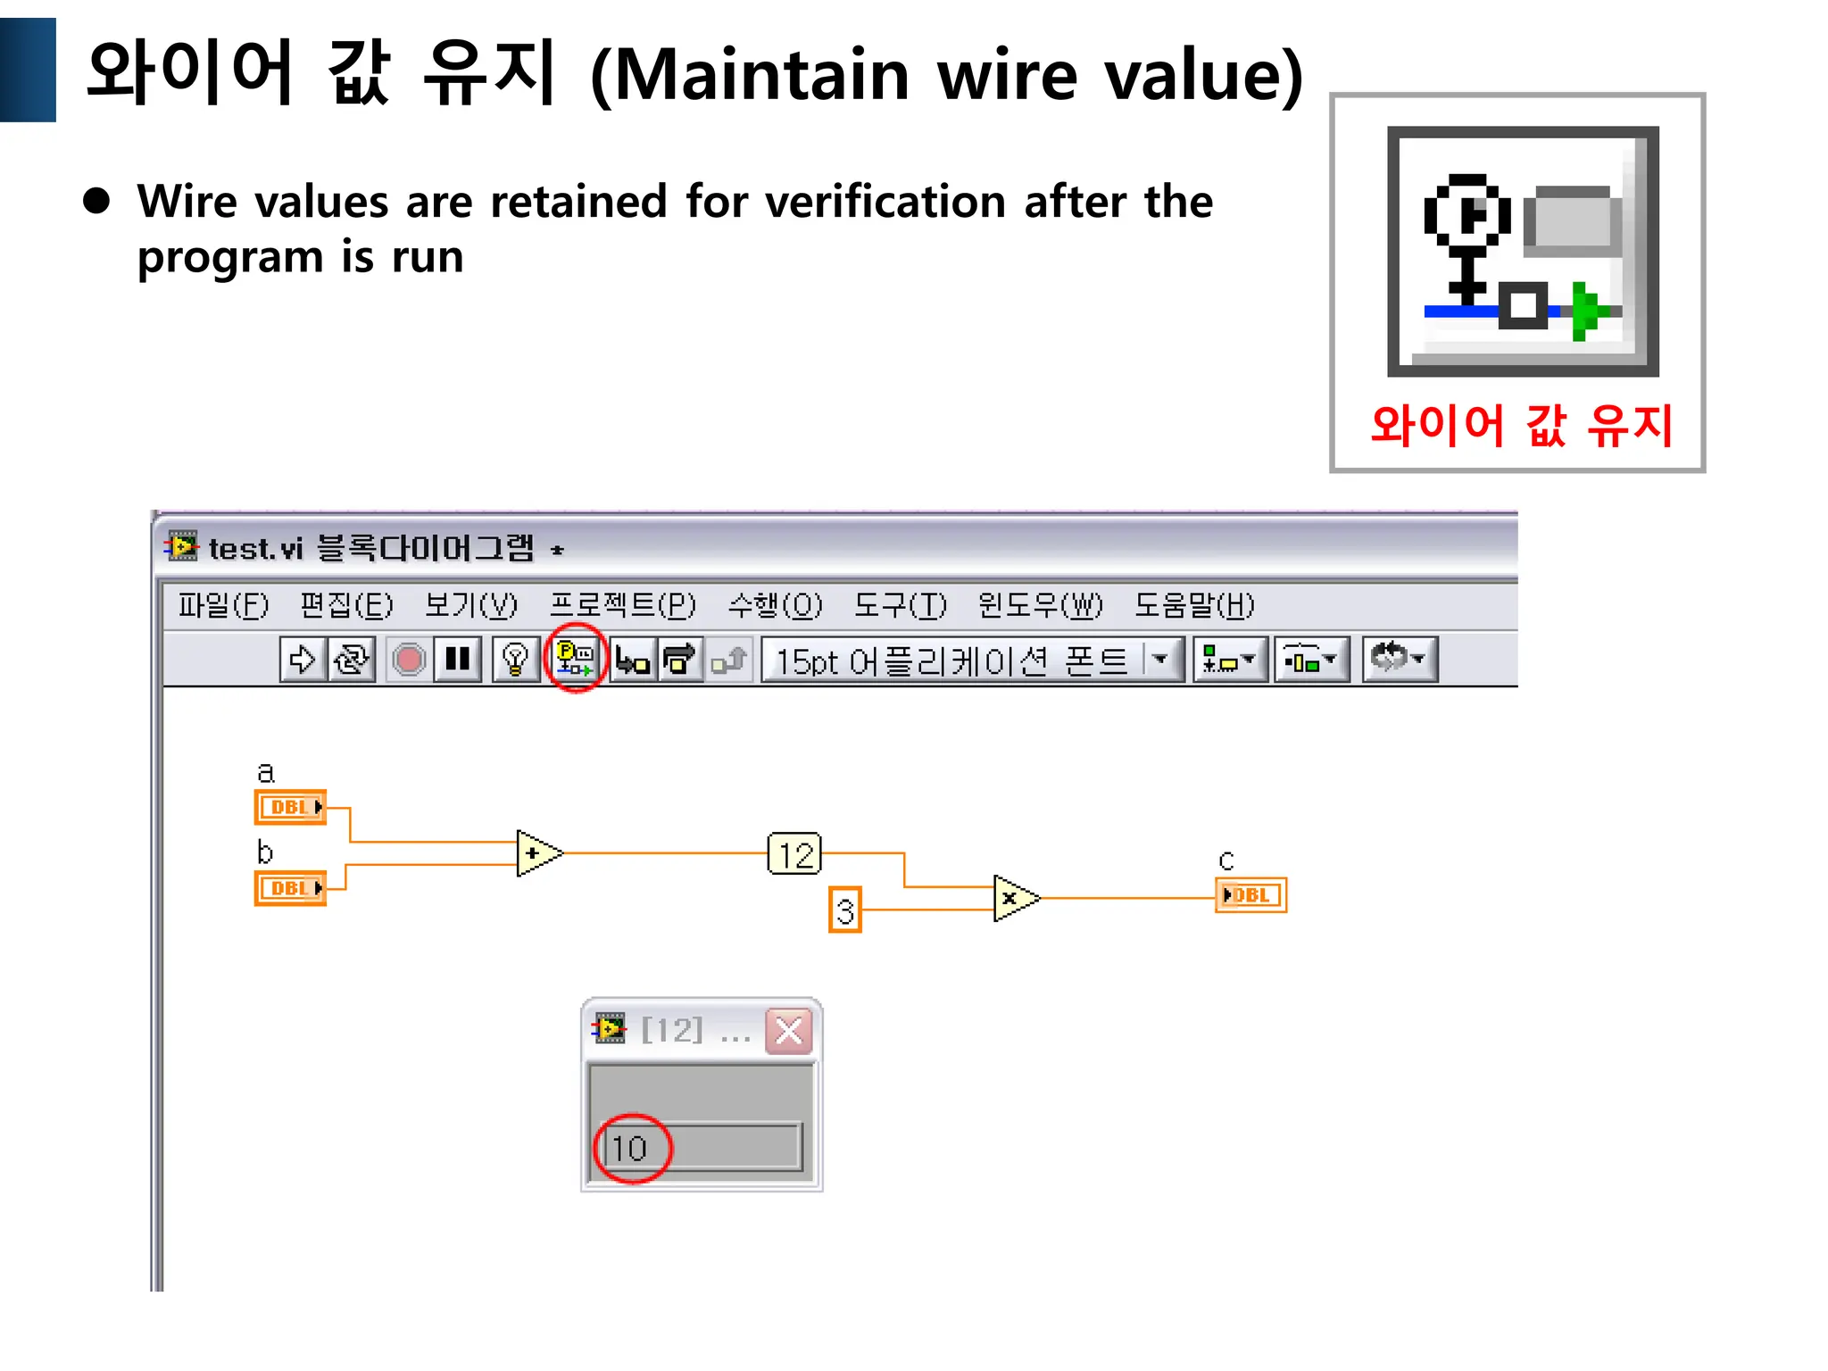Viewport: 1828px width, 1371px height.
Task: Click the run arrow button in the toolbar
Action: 302,660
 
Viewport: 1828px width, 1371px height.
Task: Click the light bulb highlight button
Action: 515,660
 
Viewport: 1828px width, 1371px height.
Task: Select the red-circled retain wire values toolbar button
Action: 575,660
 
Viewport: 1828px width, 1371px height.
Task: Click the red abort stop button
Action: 409,660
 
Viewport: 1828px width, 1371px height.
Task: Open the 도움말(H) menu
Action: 1193,605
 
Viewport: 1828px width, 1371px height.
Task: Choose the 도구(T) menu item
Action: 899,605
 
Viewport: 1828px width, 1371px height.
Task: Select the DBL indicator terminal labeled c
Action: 1251,895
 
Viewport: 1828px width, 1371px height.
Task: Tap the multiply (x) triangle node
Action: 1014,898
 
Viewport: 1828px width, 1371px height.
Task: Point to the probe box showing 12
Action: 794,854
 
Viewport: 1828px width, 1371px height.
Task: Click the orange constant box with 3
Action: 844,910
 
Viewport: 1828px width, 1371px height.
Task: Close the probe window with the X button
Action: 789,1032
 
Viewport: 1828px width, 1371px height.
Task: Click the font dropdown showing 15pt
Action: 971,661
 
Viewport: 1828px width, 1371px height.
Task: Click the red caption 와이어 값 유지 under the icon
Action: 1521,426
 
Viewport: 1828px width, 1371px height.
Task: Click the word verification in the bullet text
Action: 885,202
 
